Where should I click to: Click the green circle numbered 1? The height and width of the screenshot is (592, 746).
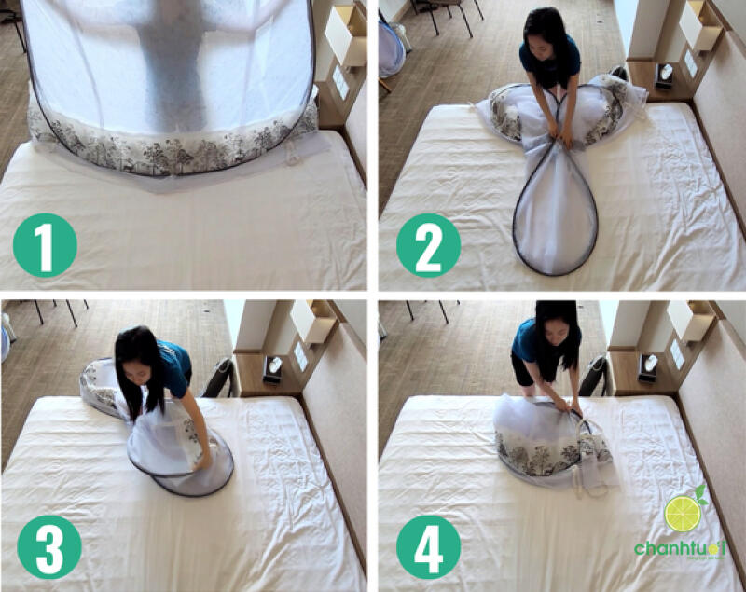pyautogui.click(x=44, y=244)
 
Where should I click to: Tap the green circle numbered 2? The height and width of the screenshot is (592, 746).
pyautogui.click(x=428, y=244)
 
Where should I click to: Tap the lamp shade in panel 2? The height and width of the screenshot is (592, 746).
pyautogui.click(x=699, y=25)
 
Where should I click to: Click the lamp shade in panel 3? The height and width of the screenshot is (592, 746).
pyautogui.click(x=312, y=322)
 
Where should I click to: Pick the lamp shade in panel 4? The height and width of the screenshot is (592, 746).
pyautogui.click(x=690, y=322)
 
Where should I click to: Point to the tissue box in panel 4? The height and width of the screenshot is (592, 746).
pyautogui.click(x=646, y=367)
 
